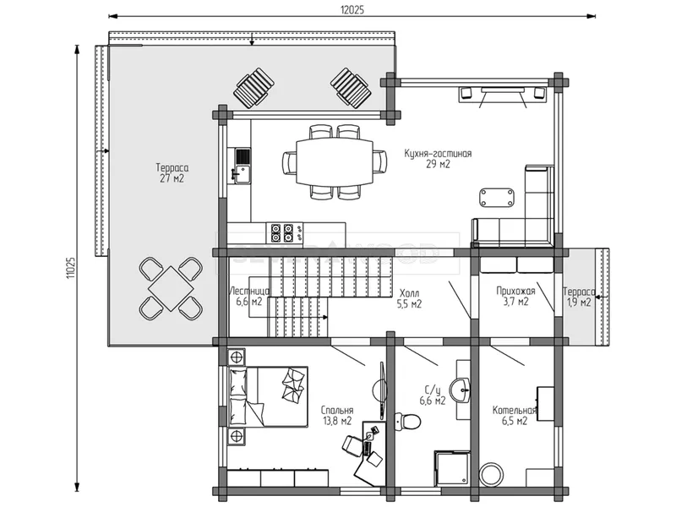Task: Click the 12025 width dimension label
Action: point(352,9)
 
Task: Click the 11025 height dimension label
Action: point(71,268)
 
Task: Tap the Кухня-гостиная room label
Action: point(438,154)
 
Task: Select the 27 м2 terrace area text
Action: point(172,178)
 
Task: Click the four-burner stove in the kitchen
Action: point(284,232)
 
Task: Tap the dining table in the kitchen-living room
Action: point(334,161)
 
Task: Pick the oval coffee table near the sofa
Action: point(498,198)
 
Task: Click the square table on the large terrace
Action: point(171,288)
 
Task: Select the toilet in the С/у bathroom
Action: point(407,421)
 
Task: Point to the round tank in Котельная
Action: point(493,474)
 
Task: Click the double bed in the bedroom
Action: point(268,396)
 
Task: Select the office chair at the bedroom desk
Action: point(353,445)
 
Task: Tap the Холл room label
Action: point(409,293)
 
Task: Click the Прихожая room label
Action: point(515,291)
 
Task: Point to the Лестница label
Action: point(249,291)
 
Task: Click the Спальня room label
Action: point(336,411)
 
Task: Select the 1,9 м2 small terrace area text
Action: point(579,303)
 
